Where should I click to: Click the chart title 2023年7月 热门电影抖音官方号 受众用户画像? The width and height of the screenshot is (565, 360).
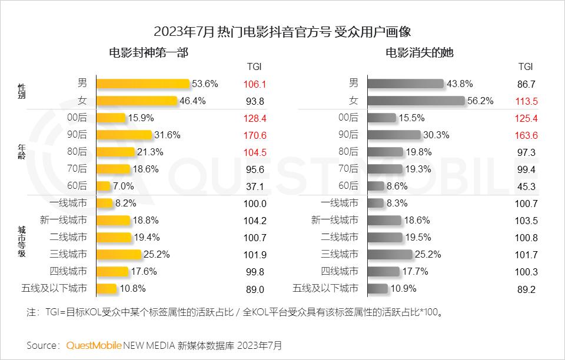tap(282, 31)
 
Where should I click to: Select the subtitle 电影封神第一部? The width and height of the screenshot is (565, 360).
tap(148, 53)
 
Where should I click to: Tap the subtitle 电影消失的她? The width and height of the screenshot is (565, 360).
tap(420, 53)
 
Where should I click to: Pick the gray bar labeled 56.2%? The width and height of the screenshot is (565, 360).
tap(416, 101)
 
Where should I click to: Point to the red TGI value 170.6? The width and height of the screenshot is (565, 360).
tap(255, 135)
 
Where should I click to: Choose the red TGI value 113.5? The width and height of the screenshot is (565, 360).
tap(526, 101)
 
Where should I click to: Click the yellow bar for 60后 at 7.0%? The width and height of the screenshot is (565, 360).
tap(103, 186)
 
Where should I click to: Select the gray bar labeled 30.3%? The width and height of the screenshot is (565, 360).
tap(394, 135)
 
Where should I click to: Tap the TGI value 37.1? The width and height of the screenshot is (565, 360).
tap(255, 186)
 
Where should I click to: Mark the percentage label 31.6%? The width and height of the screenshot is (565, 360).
tap(167, 135)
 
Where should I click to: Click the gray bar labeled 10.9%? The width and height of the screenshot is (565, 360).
tap(377, 288)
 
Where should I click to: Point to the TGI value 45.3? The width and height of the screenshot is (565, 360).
tap(526, 186)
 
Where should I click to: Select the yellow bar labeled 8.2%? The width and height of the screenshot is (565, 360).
tap(104, 203)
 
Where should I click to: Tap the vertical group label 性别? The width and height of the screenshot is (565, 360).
tap(21, 92)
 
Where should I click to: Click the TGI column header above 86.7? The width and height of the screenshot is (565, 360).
tap(525, 66)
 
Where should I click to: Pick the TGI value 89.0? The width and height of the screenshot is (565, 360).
tap(255, 289)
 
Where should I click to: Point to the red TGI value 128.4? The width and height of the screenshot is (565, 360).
tap(255, 118)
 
